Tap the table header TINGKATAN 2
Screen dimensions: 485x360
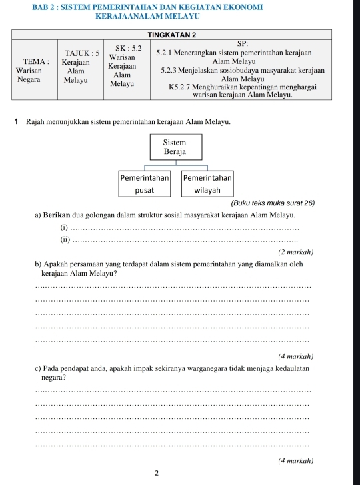coord(173,34)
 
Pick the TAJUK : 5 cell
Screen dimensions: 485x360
coord(80,66)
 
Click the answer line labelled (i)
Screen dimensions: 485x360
coord(180,229)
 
